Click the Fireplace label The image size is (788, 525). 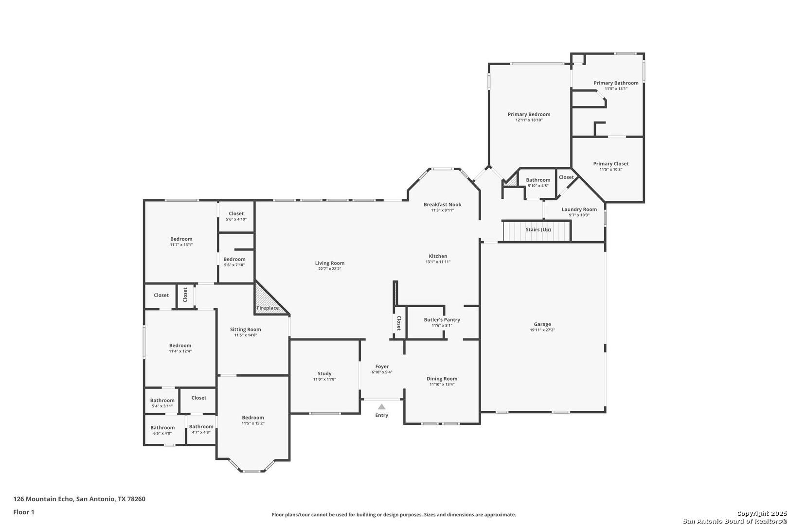click(x=268, y=308)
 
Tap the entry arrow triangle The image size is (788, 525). click(x=382, y=406)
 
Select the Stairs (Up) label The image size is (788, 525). click(x=538, y=229)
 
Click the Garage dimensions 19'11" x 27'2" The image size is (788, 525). click(x=542, y=330)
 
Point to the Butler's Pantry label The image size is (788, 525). click(x=442, y=320)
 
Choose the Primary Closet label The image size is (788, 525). click(x=611, y=163)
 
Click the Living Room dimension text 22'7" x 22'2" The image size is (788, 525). click(x=330, y=269)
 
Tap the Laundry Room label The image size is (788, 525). click(x=579, y=209)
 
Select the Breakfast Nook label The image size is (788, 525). click(x=443, y=204)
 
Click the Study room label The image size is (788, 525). click(x=324, y=373)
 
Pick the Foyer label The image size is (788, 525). click(x=382, y=367)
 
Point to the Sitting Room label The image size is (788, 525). click(x=246, y=330)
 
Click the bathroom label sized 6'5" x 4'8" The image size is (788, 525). click(x=162, y=428)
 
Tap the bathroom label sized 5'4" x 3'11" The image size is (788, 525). click(x=162, y=400)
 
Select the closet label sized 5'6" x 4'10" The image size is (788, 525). click(x=236, y=213)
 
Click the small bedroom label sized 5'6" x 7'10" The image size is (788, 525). click(x=234, y=259)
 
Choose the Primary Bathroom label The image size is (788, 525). click(x=616, y=83)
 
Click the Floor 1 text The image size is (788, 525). click(x=23, y=512)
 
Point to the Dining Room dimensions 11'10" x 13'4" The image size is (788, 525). click(x=442, y=385)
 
